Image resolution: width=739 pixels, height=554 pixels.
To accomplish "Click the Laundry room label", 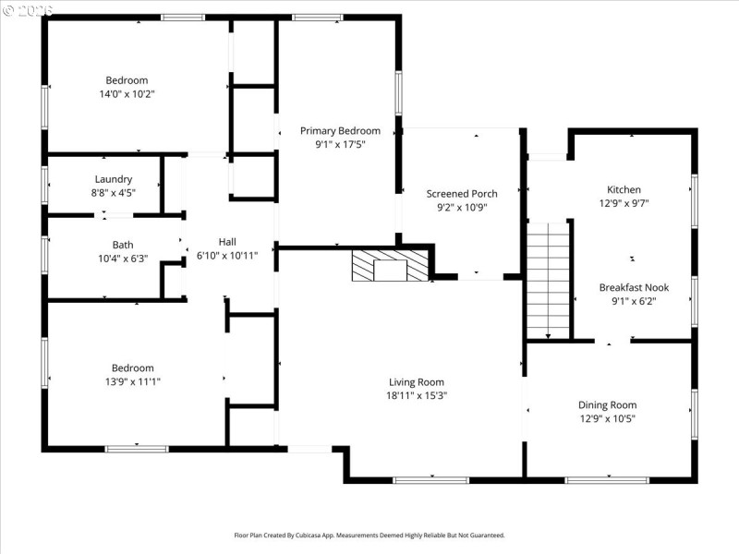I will [114, 179].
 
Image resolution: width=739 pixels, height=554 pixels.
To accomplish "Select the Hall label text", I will [227, 241].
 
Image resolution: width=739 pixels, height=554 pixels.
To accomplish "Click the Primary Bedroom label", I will [340, 131].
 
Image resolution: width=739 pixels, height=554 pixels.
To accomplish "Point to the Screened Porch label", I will [462, 194].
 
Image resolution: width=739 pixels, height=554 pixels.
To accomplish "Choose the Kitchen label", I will [624, 190].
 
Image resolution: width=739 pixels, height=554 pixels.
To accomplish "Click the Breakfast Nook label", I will [634, 287].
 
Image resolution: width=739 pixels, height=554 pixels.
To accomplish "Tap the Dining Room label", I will [607, 405].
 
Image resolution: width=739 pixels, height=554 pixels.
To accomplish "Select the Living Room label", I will [417, 382].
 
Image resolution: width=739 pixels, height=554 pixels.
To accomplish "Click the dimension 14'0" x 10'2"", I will [127, 93].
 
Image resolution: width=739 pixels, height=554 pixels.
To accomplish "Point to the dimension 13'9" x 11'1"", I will [133, 381].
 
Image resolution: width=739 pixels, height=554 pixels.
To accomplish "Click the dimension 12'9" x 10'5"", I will [607, 418].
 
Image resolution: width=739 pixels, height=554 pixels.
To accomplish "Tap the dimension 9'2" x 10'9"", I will [462, 208].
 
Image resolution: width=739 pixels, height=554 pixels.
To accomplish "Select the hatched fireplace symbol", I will [390, 265].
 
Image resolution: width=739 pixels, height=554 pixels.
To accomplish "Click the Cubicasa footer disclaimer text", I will [369, 535].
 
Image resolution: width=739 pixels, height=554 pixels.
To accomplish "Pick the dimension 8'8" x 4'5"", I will [114, 193].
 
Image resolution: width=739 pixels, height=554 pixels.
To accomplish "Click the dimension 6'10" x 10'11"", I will [227, 255].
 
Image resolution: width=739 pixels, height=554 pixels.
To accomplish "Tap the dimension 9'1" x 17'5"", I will [340, 144].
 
